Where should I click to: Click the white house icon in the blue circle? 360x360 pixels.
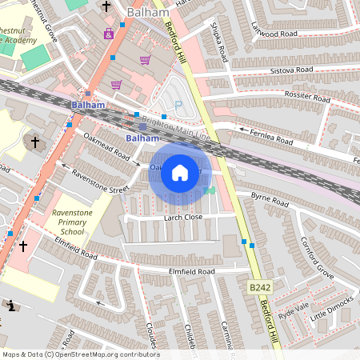[x=180, y=172]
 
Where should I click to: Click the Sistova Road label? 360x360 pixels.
[x=293, y=70]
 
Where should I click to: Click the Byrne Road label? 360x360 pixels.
[x=270, y=201]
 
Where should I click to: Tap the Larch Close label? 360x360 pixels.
[x=182, y=217]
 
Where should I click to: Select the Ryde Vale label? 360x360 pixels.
[x=293, y=309]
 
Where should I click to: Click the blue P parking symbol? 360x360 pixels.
[x=178, y=105]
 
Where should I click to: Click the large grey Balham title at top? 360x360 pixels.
[x=148, y=13]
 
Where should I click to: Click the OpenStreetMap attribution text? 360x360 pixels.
[x=80, y=354]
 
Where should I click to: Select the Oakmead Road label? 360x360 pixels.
[x=107, y=147]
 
